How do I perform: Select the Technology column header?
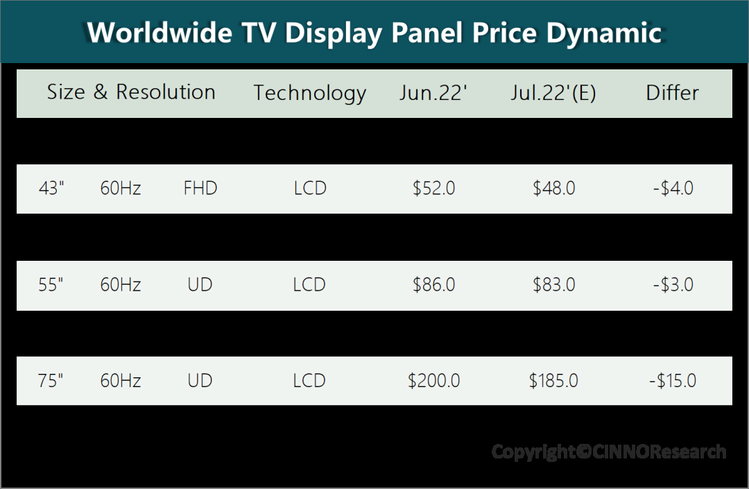309,93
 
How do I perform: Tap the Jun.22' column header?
433,93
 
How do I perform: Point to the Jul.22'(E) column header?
553,93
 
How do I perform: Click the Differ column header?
672,93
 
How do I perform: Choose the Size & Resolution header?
131,92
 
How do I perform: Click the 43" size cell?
51,188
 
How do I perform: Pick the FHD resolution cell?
200,188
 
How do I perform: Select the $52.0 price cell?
433,188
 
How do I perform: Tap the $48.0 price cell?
553,188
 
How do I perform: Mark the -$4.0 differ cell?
673,188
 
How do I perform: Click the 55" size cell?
51,284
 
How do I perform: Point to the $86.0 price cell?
433,284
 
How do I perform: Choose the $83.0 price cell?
553,284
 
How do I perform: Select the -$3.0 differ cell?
673,284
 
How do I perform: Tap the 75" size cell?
51,381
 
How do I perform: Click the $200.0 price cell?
433,381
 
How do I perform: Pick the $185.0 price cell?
553,381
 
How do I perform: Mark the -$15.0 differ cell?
673,381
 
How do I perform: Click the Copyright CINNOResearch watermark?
609,452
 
